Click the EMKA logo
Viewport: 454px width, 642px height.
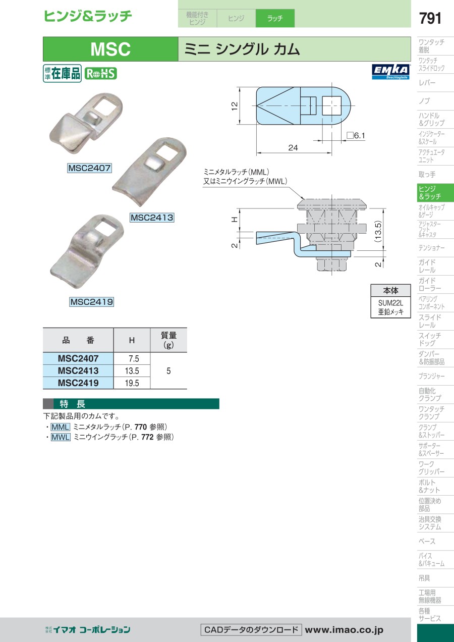[x=391, y=72]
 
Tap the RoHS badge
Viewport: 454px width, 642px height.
[x=100, y=73]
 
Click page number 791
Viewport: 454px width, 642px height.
[x=430, y=18]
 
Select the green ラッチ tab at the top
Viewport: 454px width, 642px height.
[x=275, y=18]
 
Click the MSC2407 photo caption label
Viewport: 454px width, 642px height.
[x=89, y=168]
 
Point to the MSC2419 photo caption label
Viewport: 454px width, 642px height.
[x=92, y=302]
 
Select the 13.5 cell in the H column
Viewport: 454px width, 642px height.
[x=132, y=371]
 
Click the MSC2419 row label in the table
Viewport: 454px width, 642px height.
[x=78, y=383]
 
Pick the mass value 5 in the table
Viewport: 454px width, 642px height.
[x=168, y=371]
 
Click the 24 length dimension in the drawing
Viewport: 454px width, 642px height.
[x=293, y=148]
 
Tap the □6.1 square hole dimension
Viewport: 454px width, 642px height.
[x=356, y=136]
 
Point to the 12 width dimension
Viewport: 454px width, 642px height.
[x=235, y=106]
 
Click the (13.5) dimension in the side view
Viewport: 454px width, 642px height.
[x=378, y=231]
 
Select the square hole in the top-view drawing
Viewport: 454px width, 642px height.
[x=332, y=106]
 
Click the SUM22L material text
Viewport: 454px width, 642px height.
[x=390, y=303]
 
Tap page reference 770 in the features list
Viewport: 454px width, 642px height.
[x=141, y=427]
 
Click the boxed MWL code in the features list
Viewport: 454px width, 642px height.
[x=61, y=437]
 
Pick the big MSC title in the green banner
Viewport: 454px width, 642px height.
[x=110, y=49]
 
